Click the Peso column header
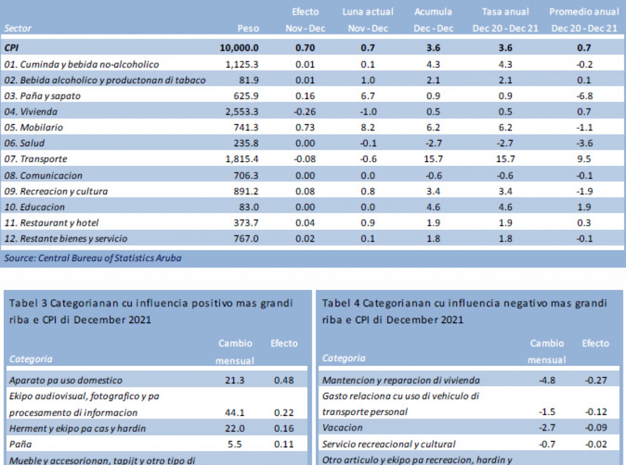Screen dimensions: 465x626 pyautogui.click(x=248, y=29)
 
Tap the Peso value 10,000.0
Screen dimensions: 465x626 pyautogui.click(x=239, y=48)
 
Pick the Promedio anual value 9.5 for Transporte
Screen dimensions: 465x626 pyautogui.click(x=584, y=159)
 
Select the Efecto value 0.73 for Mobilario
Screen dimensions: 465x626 pyautogui.click(x=305, y=127)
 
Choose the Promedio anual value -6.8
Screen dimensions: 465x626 pyautogui.click(x=584, y=96)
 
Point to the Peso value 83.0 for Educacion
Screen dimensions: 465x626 pyautogui.click(x=248, y=207)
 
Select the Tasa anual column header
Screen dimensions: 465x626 pyautogui.click(x=505, y=11)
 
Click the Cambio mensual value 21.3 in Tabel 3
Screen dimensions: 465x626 pyautogui.click(x=235, y=381)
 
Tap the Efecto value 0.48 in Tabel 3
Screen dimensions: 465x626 pyautogui.click(x=284, y=381)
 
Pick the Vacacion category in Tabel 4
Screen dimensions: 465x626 pyautogui.click(x=342, y=428)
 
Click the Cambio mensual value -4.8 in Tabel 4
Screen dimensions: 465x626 pyautogui.click(x=547, y=381)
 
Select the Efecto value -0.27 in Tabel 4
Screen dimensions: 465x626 pyautogui.click(x=595, y=381)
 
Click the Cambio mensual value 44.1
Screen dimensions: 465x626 pyautogui.click(x=235, y=412)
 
